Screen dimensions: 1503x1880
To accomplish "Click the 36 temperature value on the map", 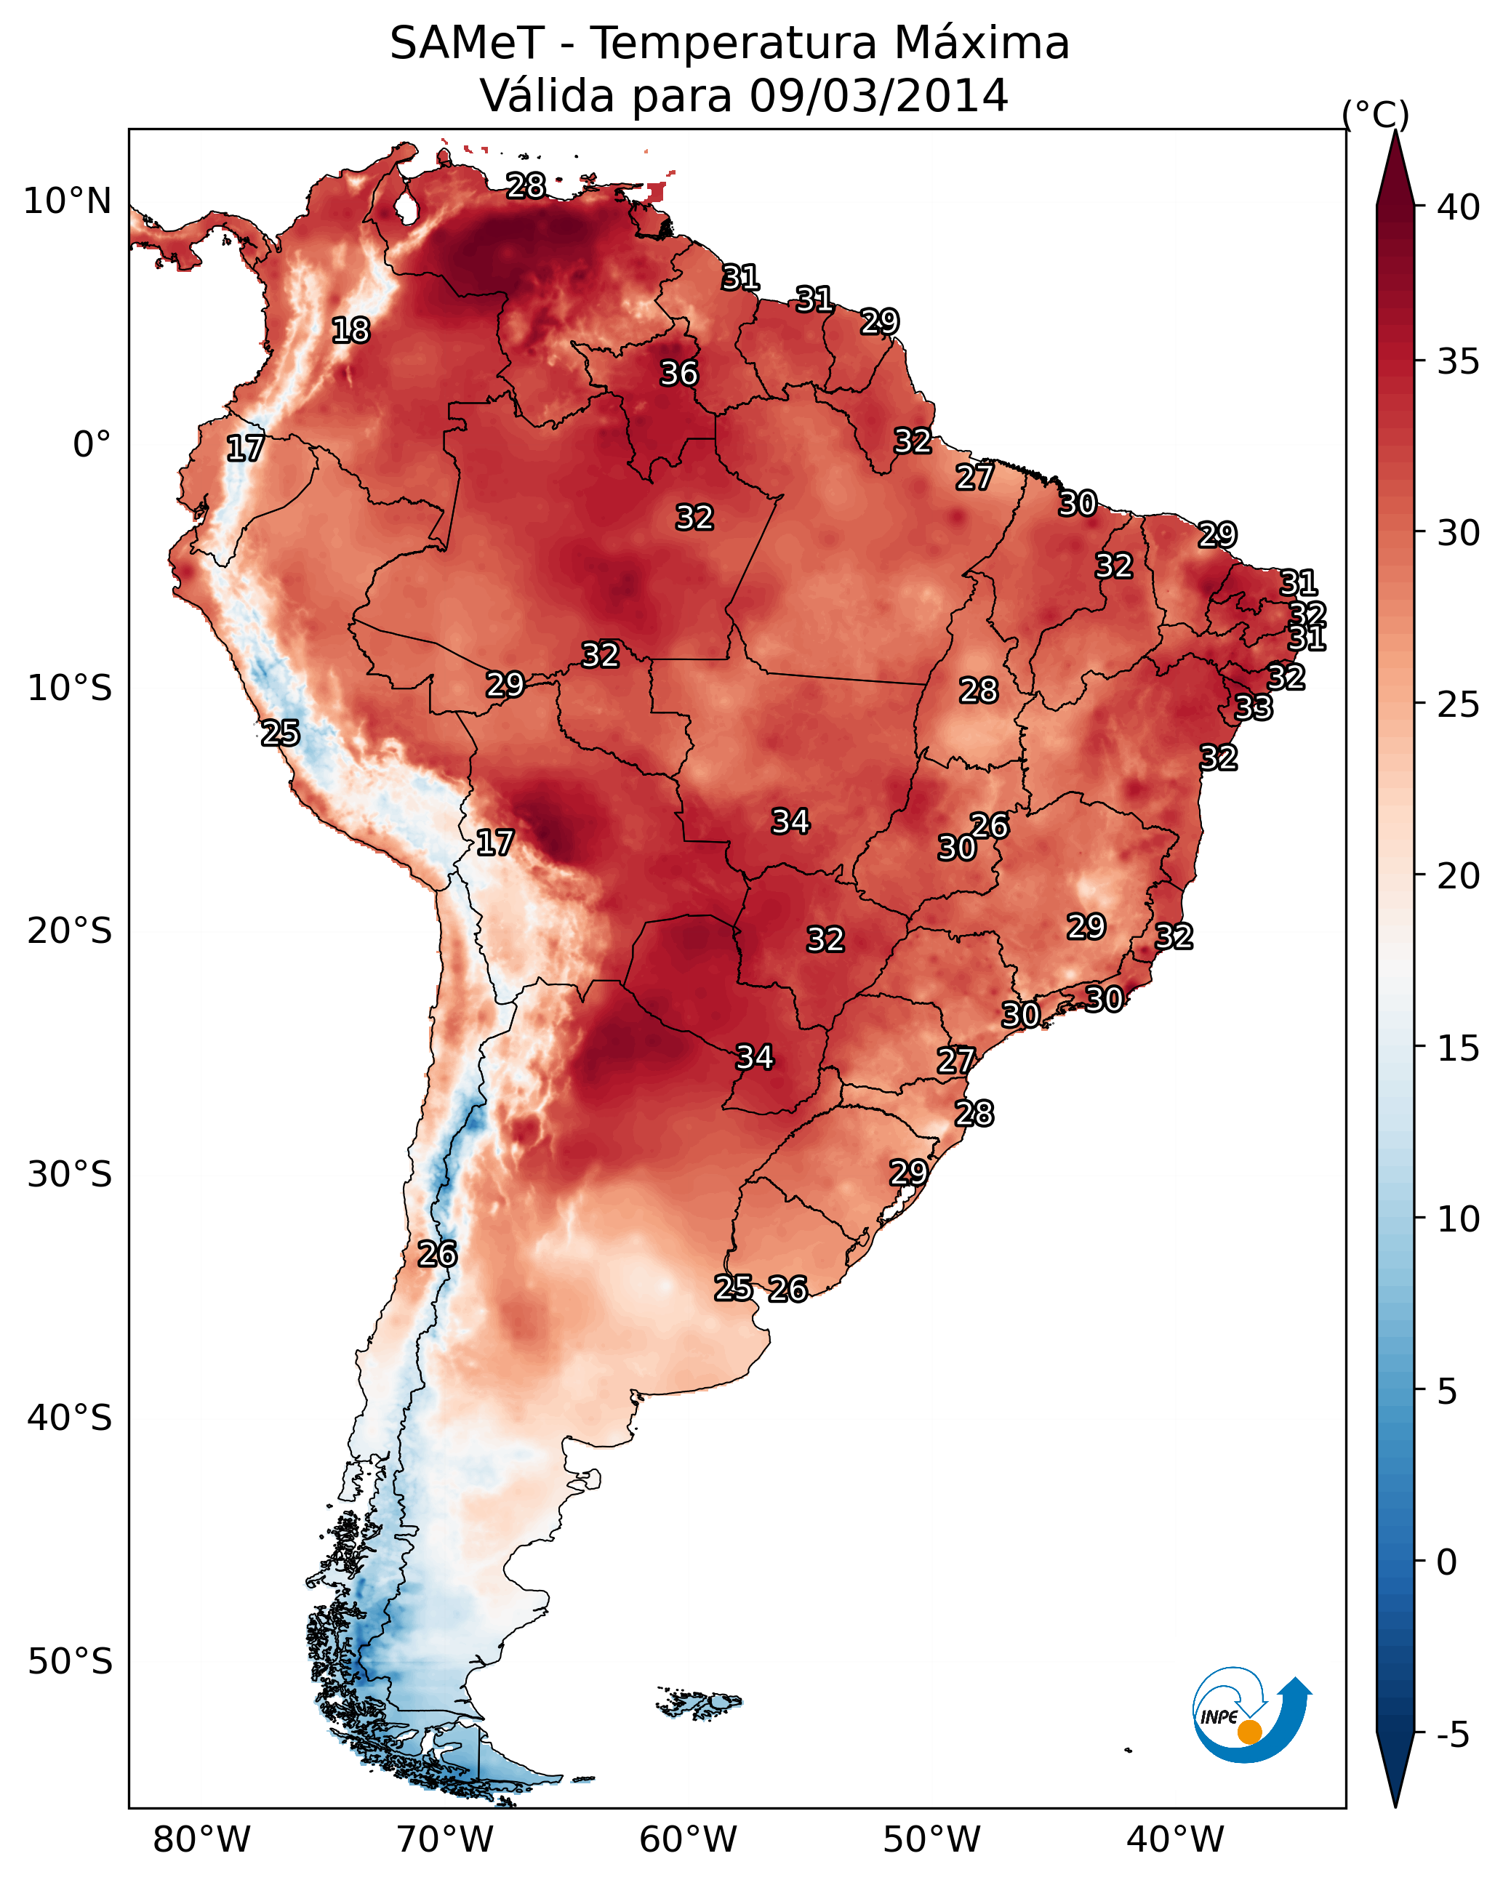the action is (678, 373).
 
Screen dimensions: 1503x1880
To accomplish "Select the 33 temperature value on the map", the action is (1254, 707).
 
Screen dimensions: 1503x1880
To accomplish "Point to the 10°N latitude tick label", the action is (67, 201).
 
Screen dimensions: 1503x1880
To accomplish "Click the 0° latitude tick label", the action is (92, 445).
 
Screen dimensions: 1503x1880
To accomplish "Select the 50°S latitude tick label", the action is (70, 1662).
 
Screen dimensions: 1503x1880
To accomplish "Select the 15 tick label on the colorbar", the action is (1459, 1048).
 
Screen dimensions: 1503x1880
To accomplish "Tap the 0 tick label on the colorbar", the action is (1447, 1562).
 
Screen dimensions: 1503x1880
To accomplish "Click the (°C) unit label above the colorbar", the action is (1376, 114).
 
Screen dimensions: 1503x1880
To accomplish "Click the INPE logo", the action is (1252, 1715).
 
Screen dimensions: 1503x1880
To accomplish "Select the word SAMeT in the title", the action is (468, 44).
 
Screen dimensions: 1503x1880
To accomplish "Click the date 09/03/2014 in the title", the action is (879, 95).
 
